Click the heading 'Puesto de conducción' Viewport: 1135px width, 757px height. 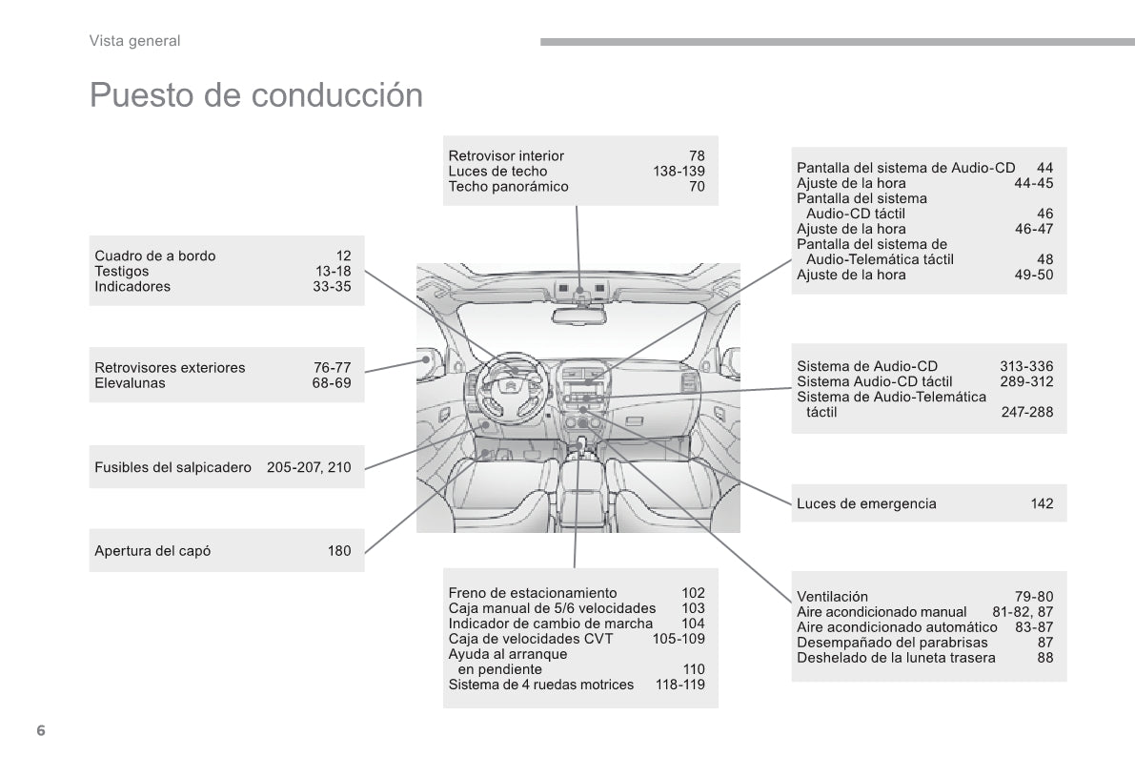coord(255,95)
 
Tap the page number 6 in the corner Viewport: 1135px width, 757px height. coord(40,730)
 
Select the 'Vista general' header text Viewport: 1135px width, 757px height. coord(134,40)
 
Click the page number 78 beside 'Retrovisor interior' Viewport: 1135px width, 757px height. coord(697,156)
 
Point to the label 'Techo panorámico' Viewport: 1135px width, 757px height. coord(508,187)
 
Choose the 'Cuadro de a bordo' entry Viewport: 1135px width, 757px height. coord(155,256)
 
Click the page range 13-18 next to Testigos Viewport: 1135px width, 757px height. coord(333,271)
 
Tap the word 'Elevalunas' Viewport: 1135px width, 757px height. coord(130,383)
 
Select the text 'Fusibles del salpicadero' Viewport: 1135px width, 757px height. coord(172,467)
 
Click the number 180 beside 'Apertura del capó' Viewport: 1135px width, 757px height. coord(339,550)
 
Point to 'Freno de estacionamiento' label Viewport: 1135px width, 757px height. coord(532,593)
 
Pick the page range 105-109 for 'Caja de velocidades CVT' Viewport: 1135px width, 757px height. coord(679,639)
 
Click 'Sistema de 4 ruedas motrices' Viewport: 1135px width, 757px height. coord(540,685)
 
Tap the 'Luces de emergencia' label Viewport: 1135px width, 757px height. coord(866,503)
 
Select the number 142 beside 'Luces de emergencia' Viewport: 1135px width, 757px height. coord(1042,503)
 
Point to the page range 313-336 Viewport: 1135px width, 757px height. coord(1026,366)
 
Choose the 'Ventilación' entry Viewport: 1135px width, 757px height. coord(832,597)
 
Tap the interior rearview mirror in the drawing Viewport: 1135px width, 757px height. coord(578,316)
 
